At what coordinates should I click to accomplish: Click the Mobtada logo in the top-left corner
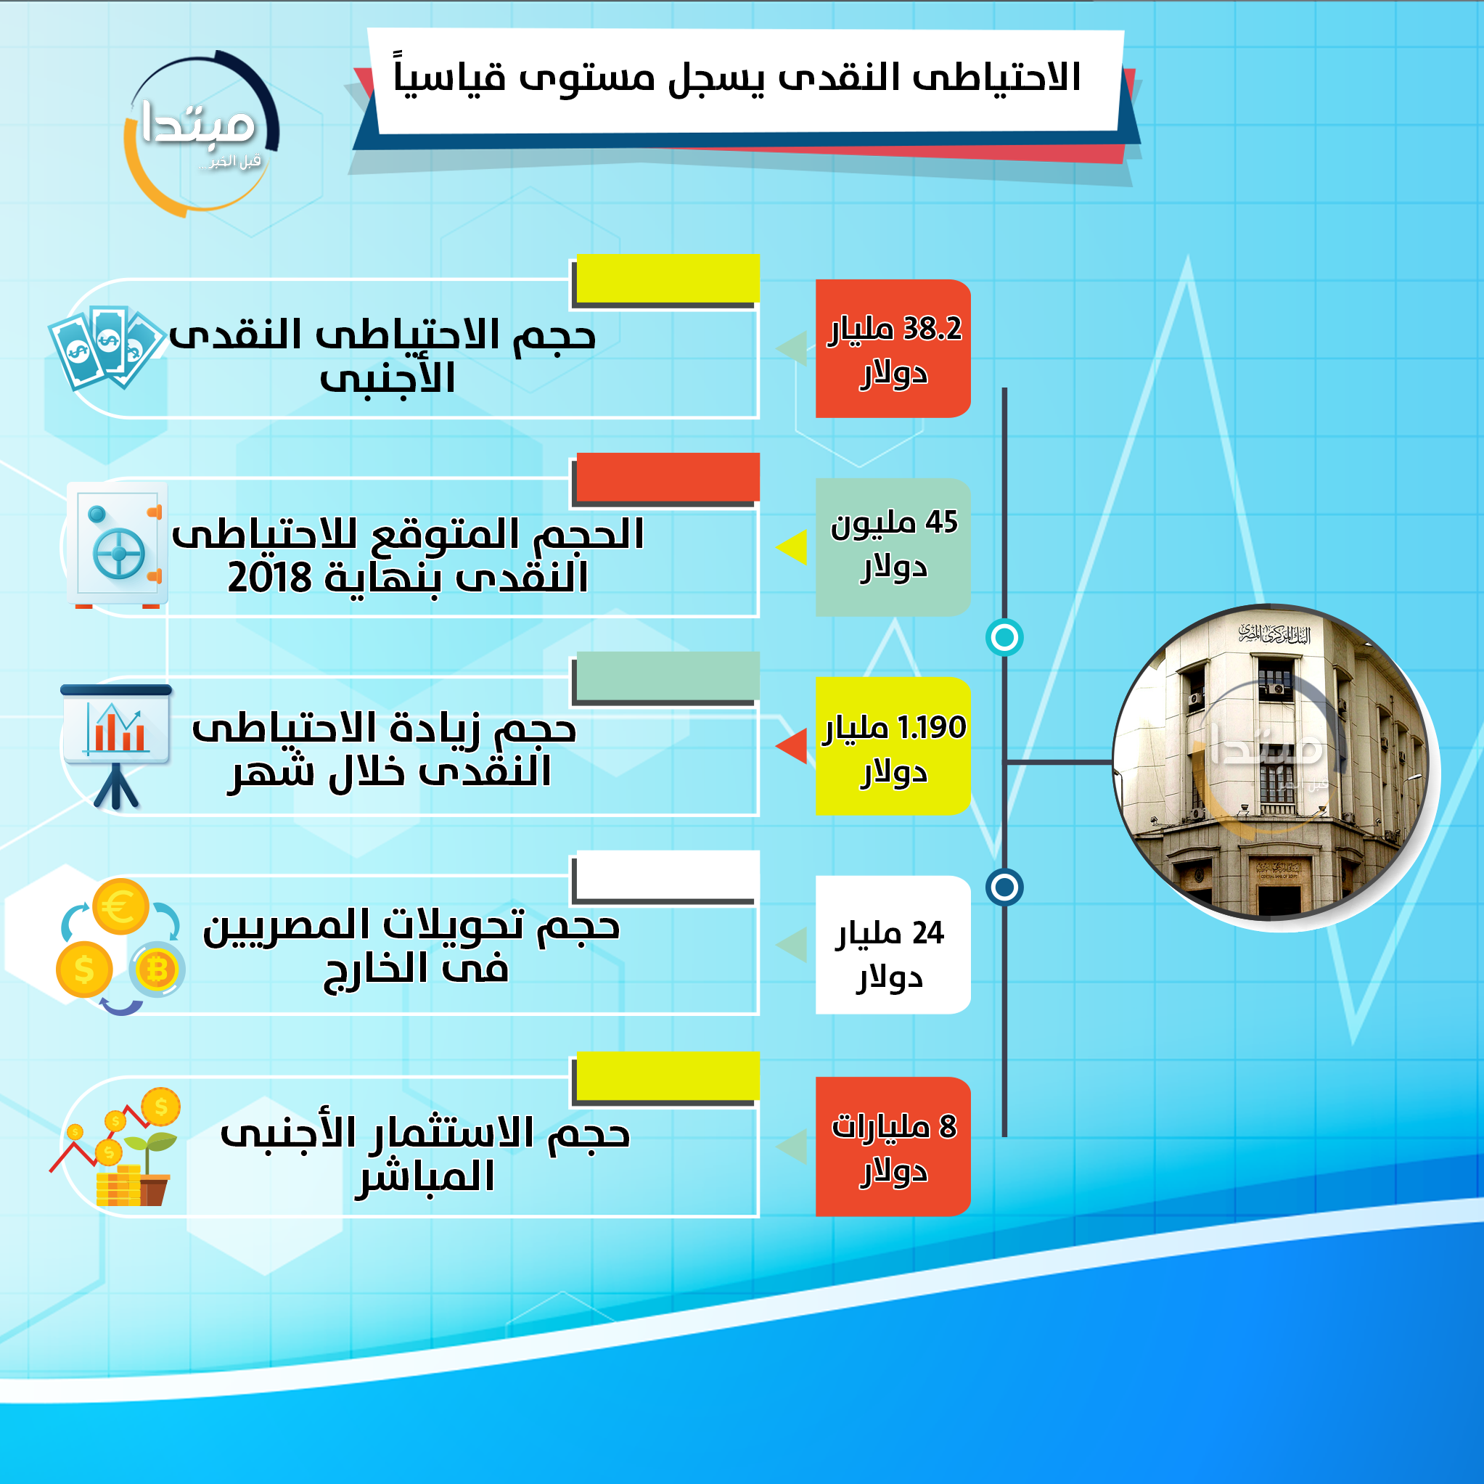201,132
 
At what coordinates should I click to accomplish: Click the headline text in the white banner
737,78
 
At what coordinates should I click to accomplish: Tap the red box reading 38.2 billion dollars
893,349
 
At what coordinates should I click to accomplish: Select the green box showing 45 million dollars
893,547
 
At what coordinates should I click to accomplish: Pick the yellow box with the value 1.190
893,746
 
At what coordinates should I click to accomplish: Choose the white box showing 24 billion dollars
893,945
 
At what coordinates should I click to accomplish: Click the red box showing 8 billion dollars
893,1147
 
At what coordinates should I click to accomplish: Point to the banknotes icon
106,348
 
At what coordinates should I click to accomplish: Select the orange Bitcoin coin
157,969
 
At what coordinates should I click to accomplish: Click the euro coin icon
120,906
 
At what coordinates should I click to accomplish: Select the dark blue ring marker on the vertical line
1004,887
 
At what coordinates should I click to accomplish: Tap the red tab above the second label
668,477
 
